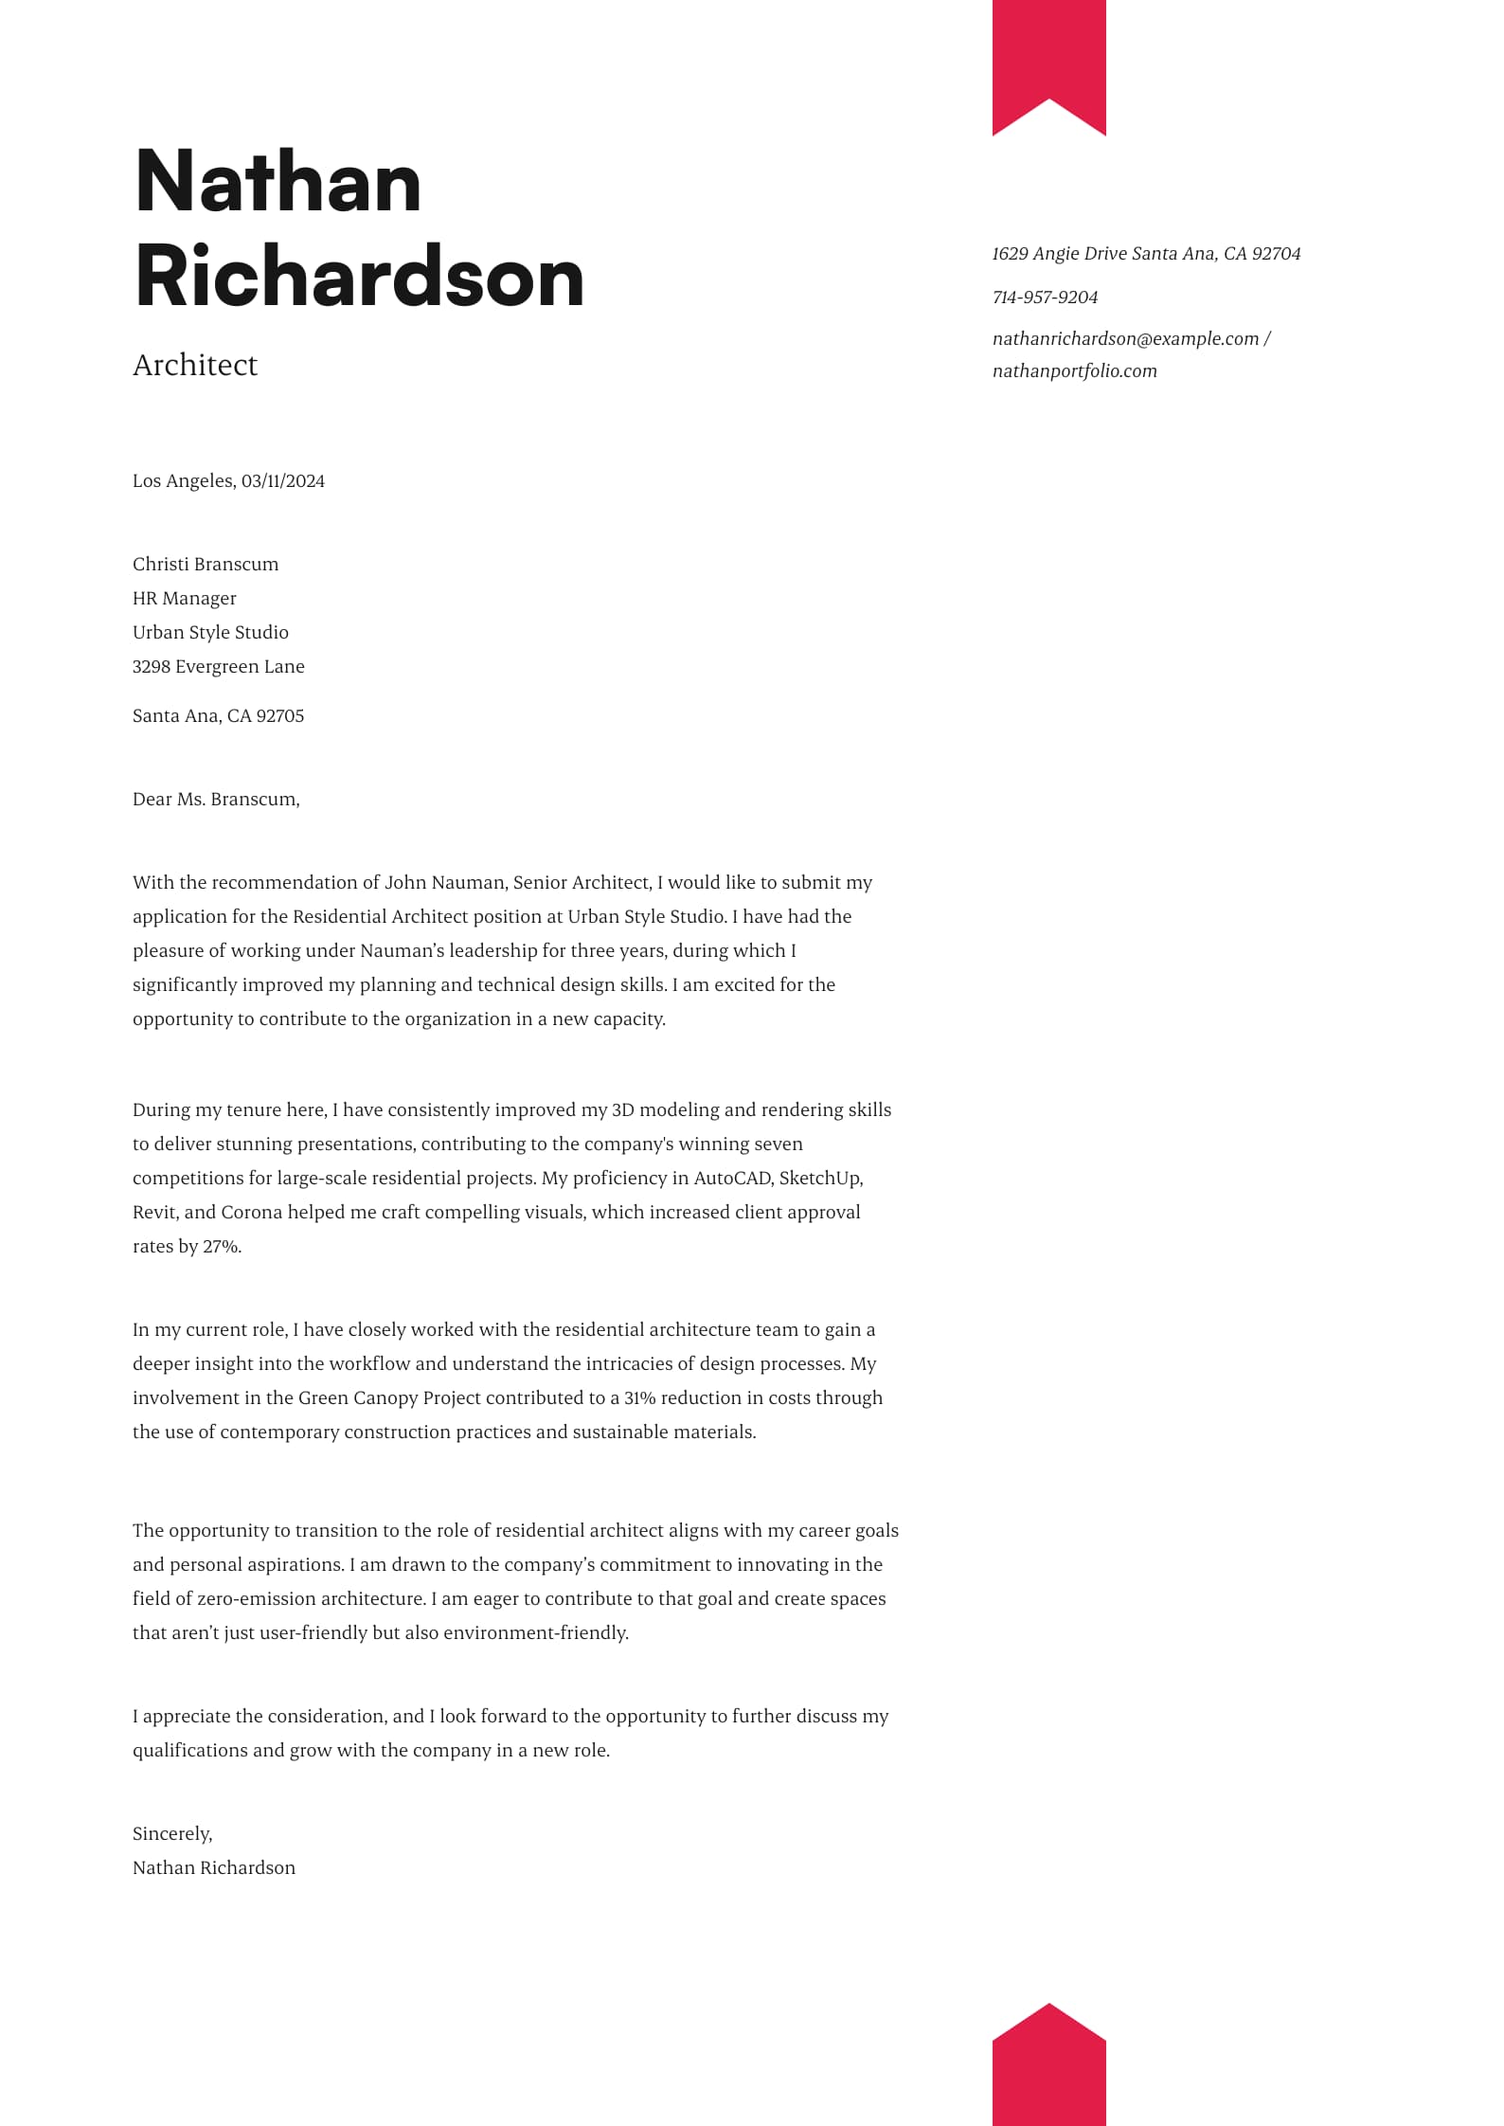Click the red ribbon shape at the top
[x=1048, y=57]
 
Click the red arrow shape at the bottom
[x=1048, y=2070]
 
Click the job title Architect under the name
[x=195, y=365]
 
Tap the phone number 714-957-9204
[x=1045, y=297]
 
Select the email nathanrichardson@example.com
[x=1125, y=339]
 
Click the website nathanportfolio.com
[x=1074, y=371]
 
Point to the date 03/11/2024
[x=283, y=481]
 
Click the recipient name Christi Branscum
[x=206, y=565]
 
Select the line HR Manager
[x=185, y=599]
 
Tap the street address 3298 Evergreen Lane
[x=219, y=667]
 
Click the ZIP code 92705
[x=280, y=716]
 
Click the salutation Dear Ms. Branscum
[x=216, y=800]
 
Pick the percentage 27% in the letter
[x=222, y=1247]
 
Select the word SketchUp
[x=820, y=1179]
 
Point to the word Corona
[x=252, y=1213]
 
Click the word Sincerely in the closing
[x=171, y=1834]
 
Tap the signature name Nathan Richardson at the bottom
[x=214, y=1868]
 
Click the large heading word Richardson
[x=360, y=277]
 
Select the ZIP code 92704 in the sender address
[x=1276, y=254]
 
